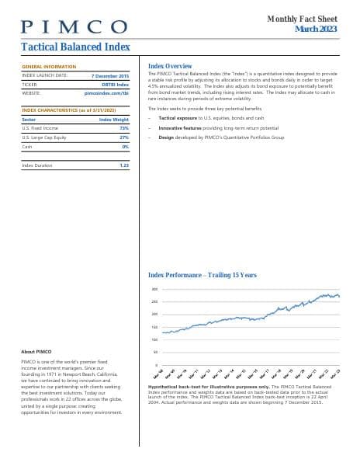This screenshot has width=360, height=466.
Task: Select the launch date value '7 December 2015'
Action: click(110, 75)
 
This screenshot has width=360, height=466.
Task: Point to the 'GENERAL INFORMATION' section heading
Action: click(49, 68)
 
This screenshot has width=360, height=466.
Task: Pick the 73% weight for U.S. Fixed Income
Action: click(124, 128)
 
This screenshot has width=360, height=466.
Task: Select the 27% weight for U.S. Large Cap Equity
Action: click(124, 137)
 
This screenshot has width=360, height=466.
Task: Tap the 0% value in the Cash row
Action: click(125, 146)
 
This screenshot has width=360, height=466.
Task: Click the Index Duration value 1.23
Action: click(123, 165)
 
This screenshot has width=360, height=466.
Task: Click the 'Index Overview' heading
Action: click(169, 67)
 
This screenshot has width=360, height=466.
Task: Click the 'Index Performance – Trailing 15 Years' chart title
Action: click(202, 275)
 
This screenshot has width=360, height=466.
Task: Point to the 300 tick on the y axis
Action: click(154, 290)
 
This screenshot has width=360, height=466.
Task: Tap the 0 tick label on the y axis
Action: click(157, 365)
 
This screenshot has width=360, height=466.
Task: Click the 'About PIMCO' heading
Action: click(36, 352)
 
